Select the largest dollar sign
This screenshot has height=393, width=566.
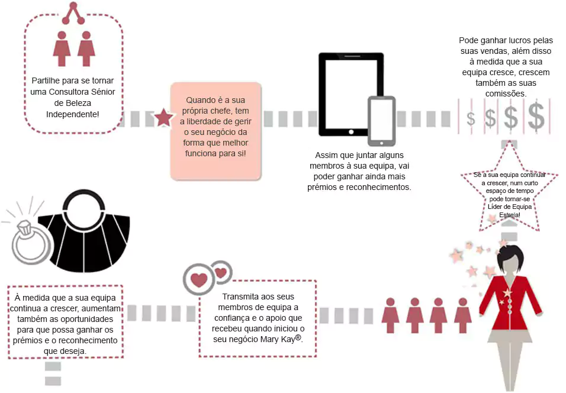point(536,117)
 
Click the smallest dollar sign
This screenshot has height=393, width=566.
point(471,118)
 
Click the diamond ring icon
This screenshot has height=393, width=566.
point(29,240)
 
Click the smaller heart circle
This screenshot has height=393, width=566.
point(221,273)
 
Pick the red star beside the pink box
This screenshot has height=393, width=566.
point(163,118)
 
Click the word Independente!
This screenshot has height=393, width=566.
point(73,113)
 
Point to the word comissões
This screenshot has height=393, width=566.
point(504,94)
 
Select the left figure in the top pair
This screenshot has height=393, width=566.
point(61,49)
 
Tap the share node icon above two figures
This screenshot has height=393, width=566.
point(74,13)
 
